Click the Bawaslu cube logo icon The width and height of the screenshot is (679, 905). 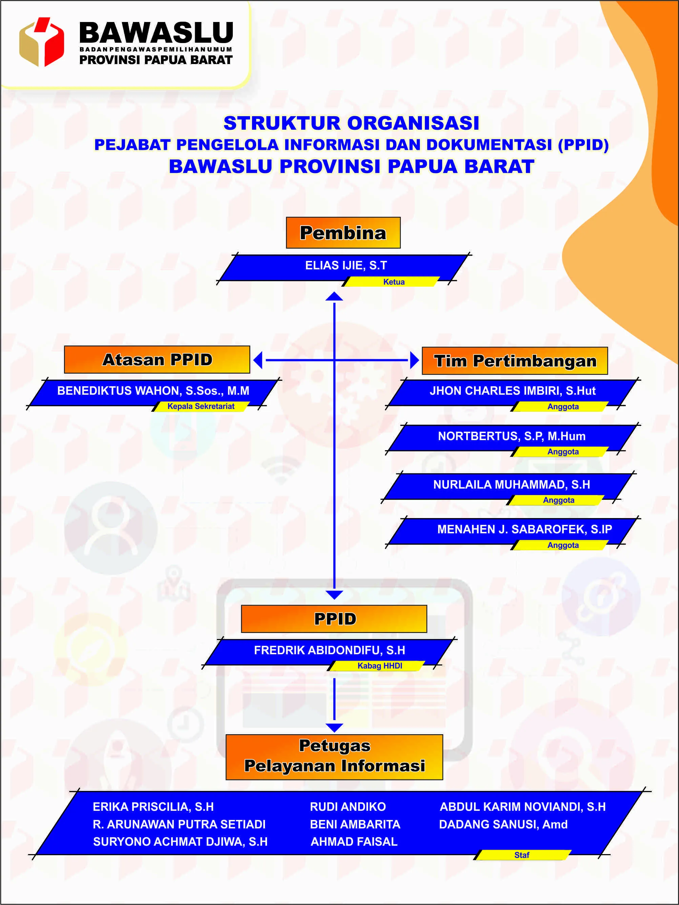tap(41, 42)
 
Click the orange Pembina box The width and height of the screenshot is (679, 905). tap(343, 233)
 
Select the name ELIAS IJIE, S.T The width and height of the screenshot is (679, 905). tap(346, 266)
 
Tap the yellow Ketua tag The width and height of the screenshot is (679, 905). tap(393, 282)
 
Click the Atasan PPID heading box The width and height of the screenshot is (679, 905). tap(157, 359)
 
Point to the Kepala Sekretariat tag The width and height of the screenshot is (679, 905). tap(201, 406)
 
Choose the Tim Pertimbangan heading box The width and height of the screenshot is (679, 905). tap(515, 361)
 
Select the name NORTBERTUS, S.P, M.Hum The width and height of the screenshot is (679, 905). tap(511, 436)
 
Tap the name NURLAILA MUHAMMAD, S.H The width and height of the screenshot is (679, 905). tap(511, 485)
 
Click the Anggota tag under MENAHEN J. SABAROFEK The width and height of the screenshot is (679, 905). tap(563, 545)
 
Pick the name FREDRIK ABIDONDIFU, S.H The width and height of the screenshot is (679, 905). tap(329, 650)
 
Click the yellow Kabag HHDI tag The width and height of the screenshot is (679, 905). tap(379, 666)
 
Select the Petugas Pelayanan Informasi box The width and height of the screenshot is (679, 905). tap(334, 757)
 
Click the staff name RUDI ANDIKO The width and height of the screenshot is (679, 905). tap(348, 806)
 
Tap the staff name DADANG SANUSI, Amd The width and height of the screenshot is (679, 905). tap(503, 824)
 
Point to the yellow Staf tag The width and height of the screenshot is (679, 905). tap(521, 855)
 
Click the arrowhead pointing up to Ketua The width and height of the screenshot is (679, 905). tap(334, 296)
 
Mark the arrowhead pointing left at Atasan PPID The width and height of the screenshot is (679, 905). tap(258, 360)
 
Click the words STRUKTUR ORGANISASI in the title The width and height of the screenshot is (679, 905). tap(351, 123)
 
